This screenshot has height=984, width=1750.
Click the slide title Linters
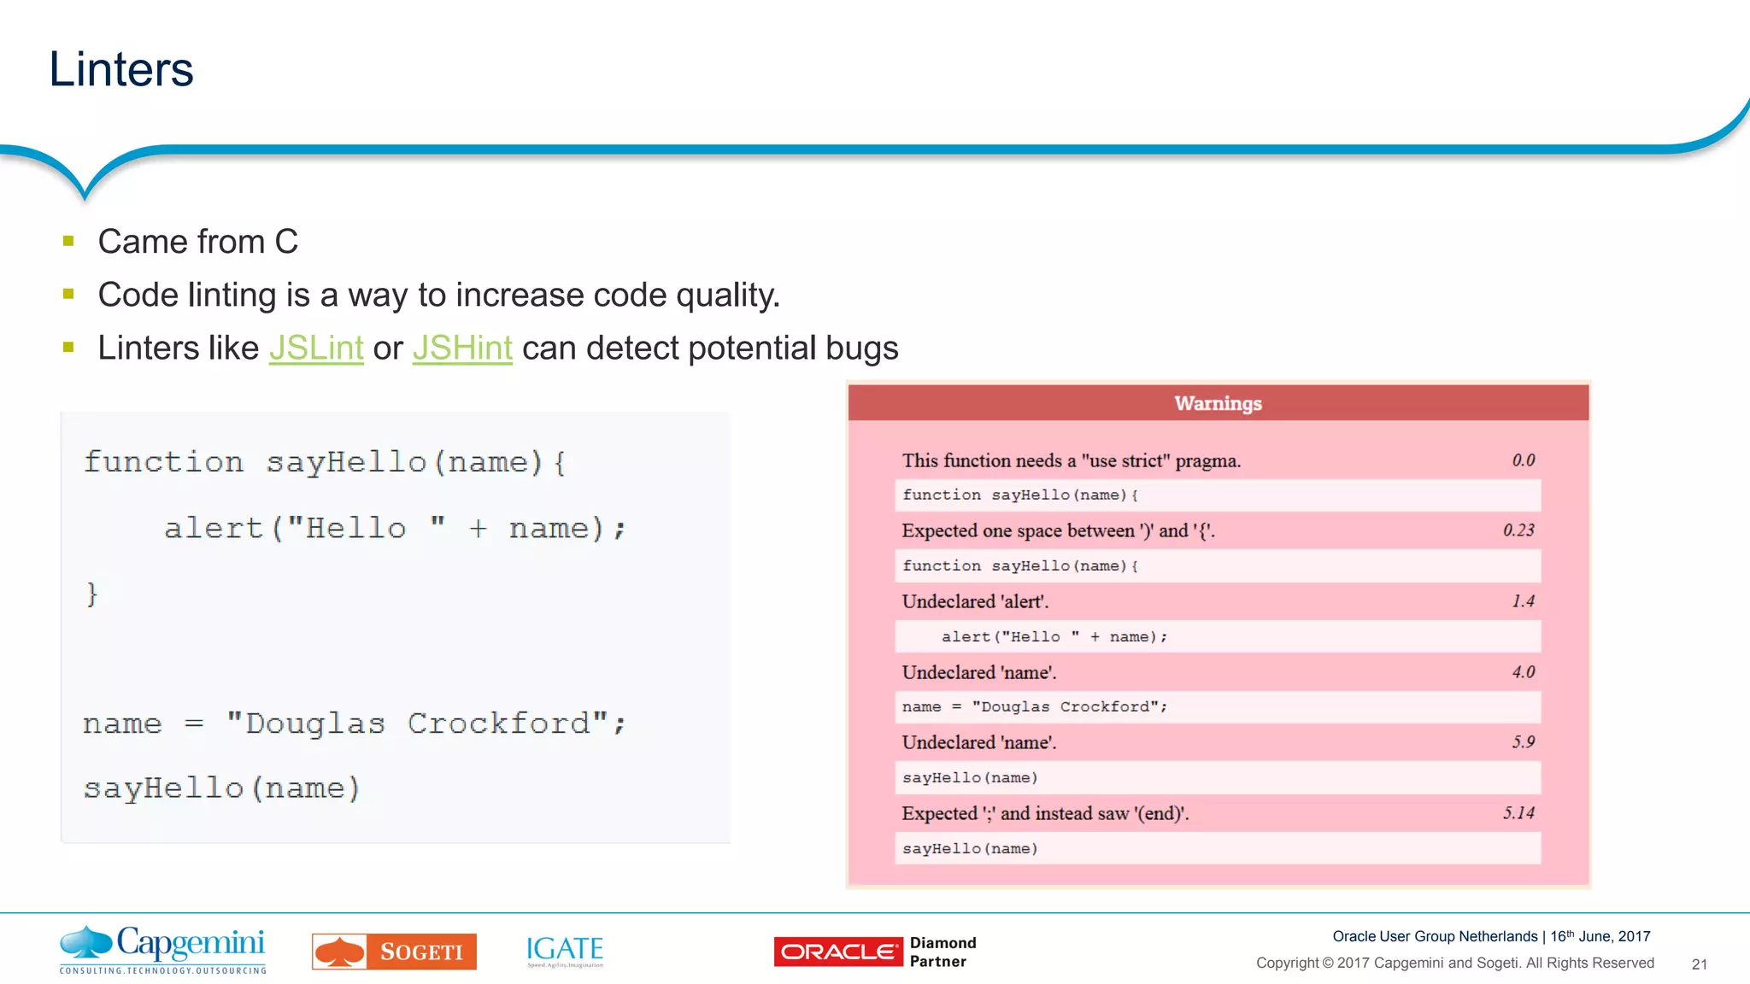tap(121, 69)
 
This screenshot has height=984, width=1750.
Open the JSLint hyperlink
tap(316, 348)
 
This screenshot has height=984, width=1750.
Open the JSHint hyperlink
tap(462, 348)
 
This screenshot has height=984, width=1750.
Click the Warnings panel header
tap(1218, 403)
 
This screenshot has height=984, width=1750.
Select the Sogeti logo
tap(394, 952)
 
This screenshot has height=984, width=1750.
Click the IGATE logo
tap(565, 950)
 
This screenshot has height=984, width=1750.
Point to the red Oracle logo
tap(837, 952)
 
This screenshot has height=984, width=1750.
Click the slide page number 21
tap(1699, 964)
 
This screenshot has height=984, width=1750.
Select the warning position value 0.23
tap(1518, 530)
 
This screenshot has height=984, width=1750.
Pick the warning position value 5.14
tap(1518, 813)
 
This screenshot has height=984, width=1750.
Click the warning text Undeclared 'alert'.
tap(975, 601)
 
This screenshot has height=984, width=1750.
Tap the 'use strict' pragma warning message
tap(1071, 461)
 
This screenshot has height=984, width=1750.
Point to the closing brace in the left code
tap(92, 594)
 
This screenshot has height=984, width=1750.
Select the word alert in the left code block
tap(214, 529)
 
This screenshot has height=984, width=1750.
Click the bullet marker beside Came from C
tap(69, 242)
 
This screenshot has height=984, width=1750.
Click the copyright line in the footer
tap(1454, 963)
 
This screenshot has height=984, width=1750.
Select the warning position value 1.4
tap(1523, 601)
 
